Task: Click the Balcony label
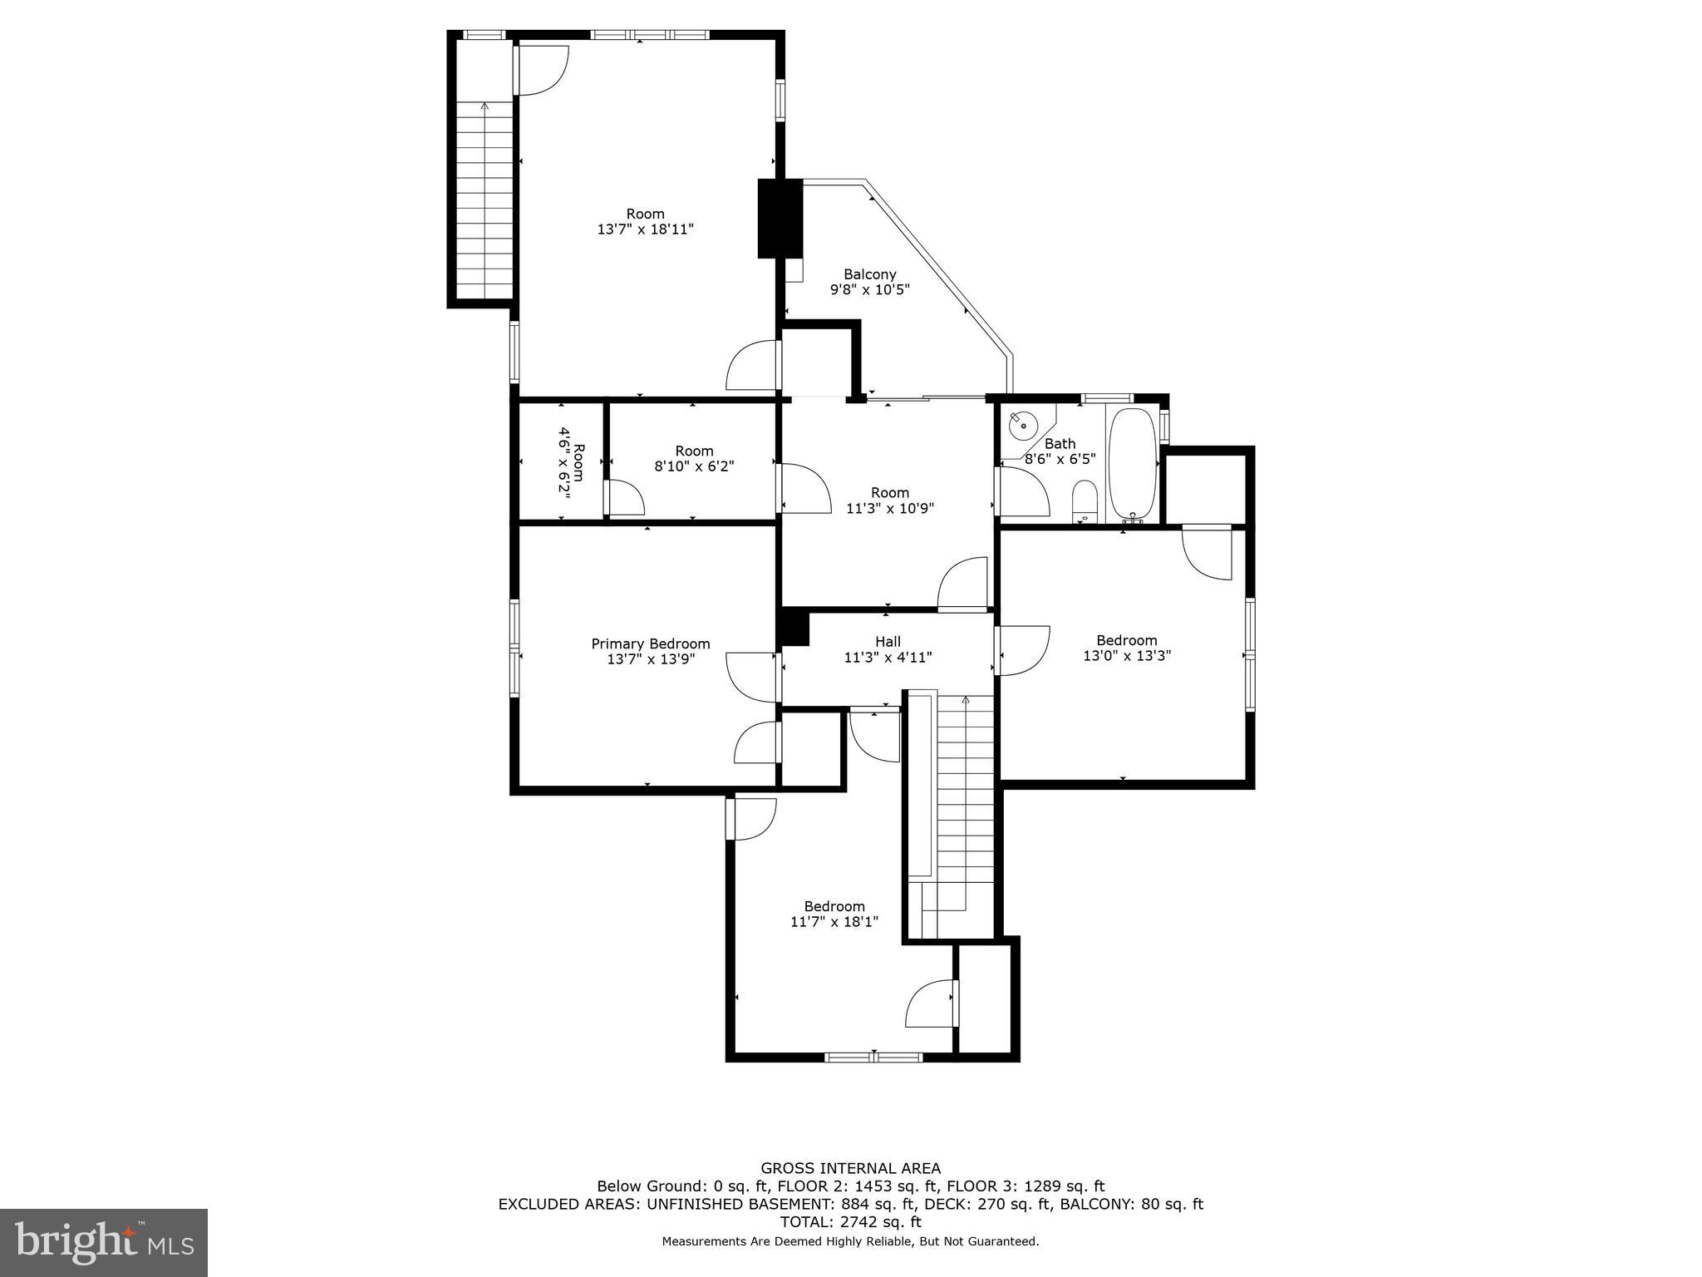pos(869,274)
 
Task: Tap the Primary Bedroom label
pos(650,643)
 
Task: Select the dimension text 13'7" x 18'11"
pos(645,229)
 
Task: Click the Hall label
pos(888,641)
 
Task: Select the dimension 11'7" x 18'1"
pos(834,921)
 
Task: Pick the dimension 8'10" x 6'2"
pos(694,466)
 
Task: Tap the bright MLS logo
pos(103,1242)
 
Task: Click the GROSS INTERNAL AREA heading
pos(850,1168)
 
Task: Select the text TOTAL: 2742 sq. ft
pos(850,1222)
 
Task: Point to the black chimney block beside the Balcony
pos(780,218)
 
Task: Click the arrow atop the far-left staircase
pos(484,106)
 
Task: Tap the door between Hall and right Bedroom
pos(1022,650)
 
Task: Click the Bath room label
pos(1060,443)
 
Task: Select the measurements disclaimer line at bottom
pos(850,1241)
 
